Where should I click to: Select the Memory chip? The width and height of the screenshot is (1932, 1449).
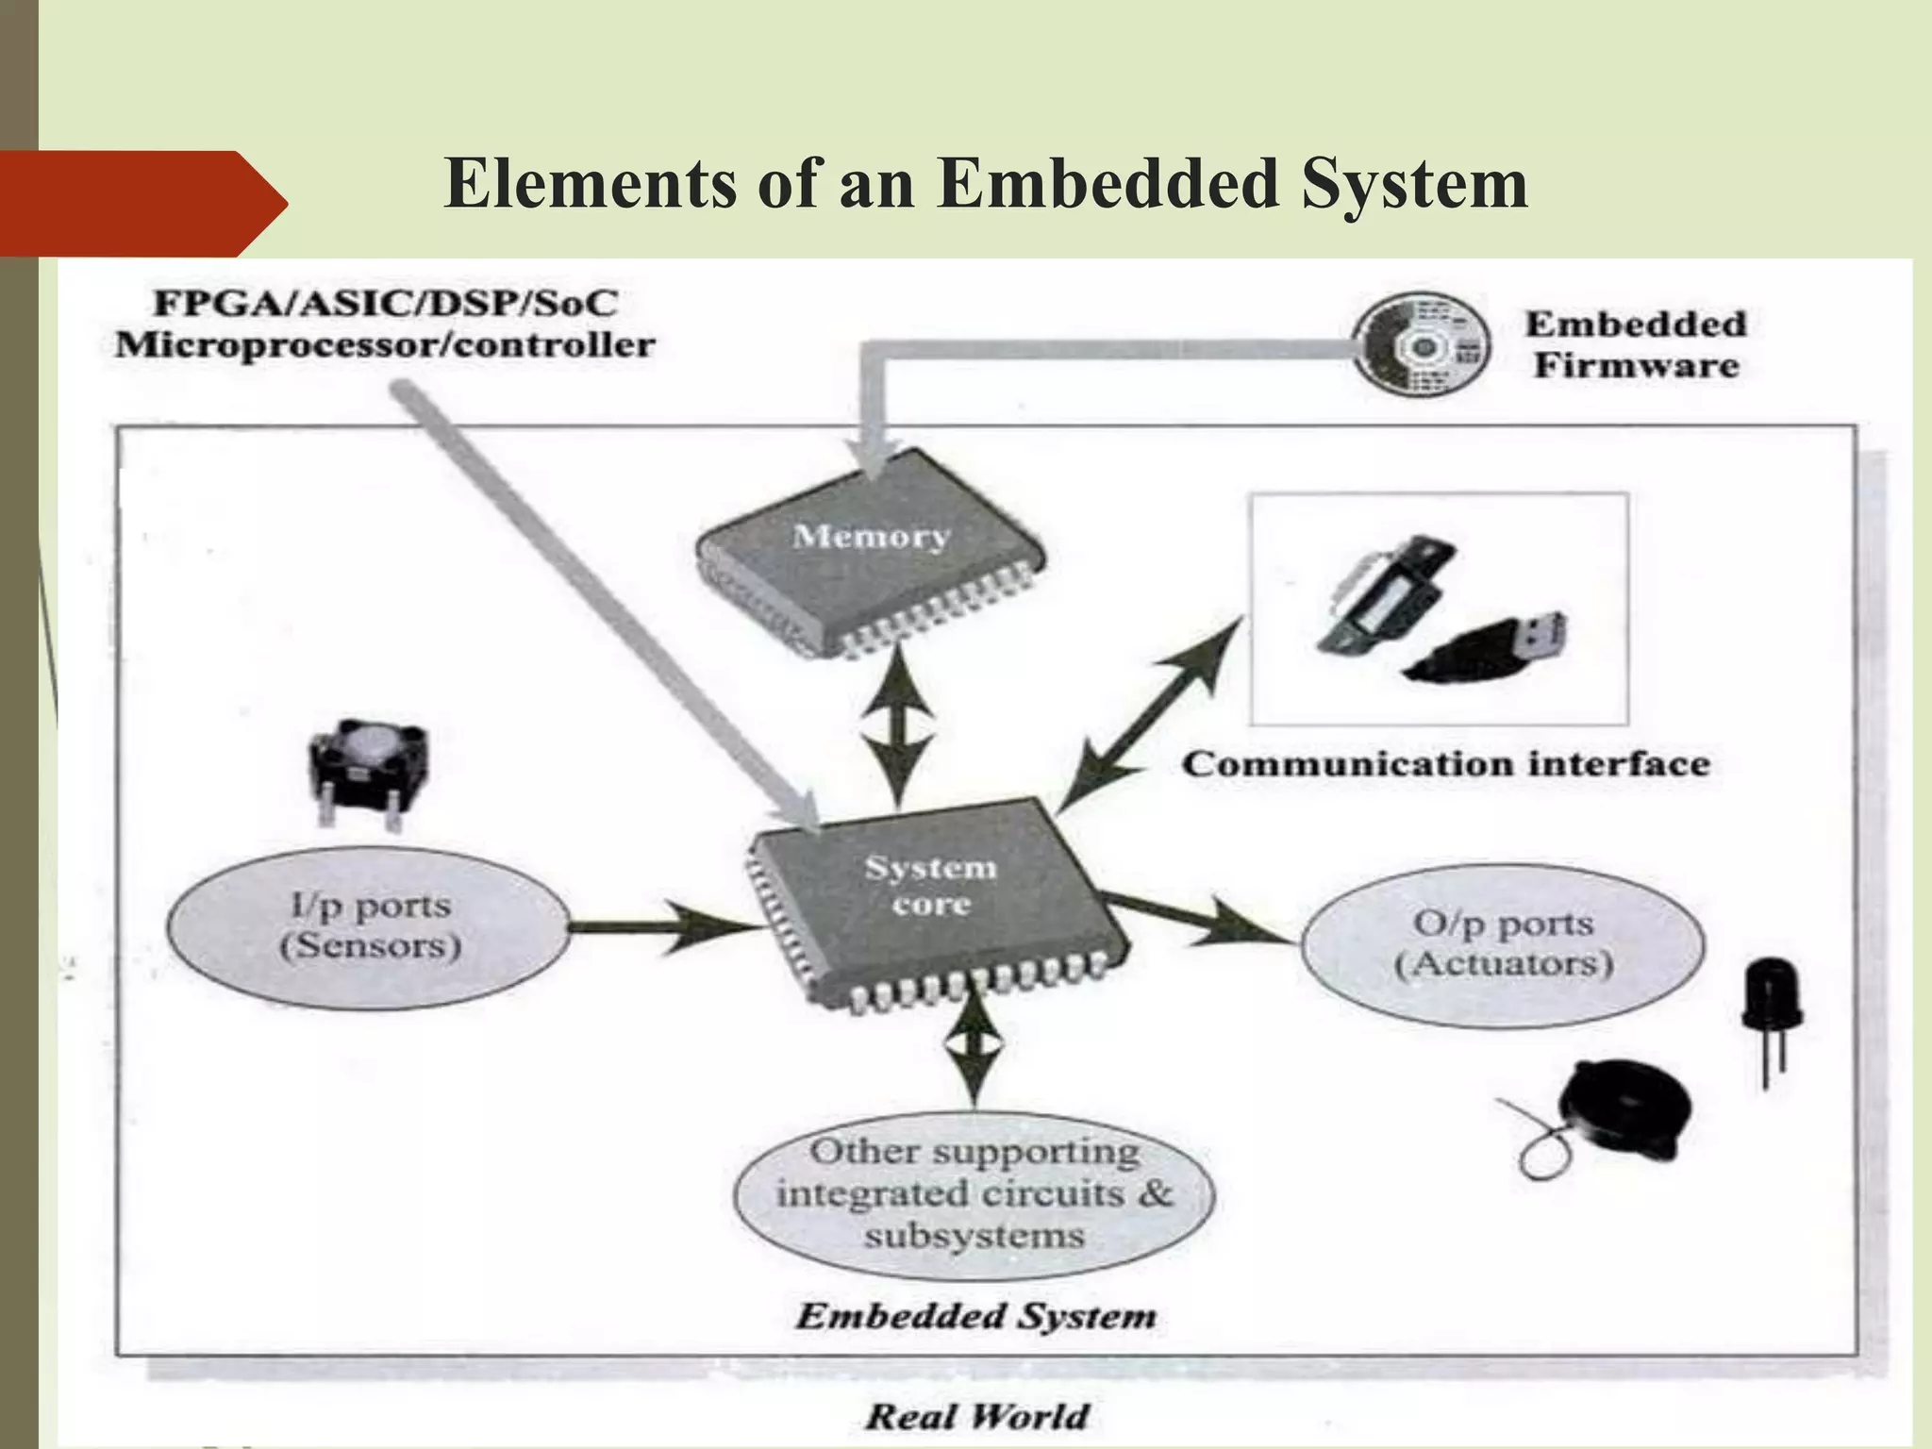tap(870, 547)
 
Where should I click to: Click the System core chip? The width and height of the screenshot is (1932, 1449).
tap(934, 896)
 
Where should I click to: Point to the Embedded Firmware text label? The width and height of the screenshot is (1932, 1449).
tap(1636, 344)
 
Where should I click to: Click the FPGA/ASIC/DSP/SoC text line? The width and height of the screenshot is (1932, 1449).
tap(386, 304)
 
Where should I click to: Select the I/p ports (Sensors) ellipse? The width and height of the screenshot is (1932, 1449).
tap(369, 926)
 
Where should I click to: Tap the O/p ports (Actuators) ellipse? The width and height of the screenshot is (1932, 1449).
tap(1503, 943)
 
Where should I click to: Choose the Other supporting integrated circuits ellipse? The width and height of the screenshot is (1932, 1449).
tap(974, 1193)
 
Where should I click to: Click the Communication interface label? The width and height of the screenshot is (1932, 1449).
tap(1445, 763)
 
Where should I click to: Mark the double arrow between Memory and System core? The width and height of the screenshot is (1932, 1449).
tap(898, 726)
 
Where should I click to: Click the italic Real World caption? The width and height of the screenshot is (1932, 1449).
tap(977, 1416)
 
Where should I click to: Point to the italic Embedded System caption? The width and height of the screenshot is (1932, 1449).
tap(975, 1315)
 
